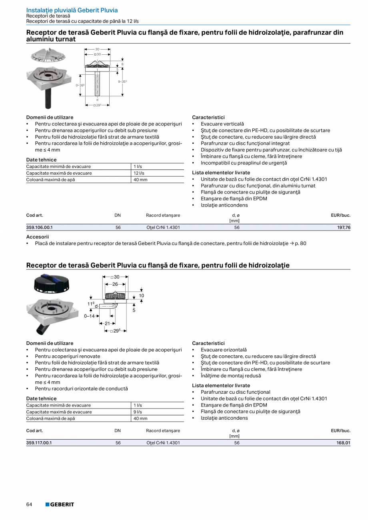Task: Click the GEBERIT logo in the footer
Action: (x=60, y=504)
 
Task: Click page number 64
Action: (x=29, y=504)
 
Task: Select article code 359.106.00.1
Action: (x=39, y=227)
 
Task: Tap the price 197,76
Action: (x=344, y=227)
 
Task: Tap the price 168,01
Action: (x=344, y=443)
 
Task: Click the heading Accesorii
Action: (x=37, y=237)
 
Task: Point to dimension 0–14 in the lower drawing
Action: (x=89, y=316)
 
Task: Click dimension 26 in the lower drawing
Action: (x=115, y=284)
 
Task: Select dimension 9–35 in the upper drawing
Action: (x=122, y=82)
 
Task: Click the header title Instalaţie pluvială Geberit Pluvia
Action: (x=72, y=10)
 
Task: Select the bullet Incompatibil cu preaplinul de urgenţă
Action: (x=244, y=163)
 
